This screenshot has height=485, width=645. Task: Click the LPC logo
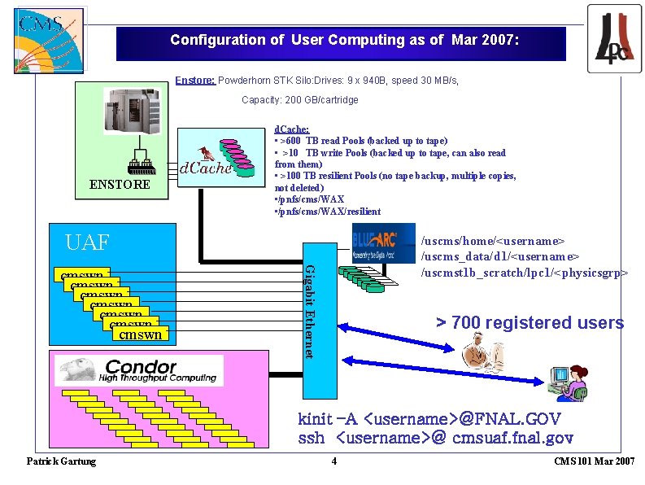[614, 38]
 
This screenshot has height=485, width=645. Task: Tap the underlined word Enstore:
[195, 81]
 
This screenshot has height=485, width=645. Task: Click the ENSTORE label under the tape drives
[120, 185]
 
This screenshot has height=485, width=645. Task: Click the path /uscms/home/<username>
[492, 242]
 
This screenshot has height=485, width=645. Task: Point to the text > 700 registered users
[530, 323]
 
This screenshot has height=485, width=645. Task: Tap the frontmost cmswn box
[140, 334]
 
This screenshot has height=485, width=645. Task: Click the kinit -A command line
[429, 419]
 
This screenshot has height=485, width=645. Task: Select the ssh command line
[436, 439]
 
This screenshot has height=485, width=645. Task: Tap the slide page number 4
[333, 461]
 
